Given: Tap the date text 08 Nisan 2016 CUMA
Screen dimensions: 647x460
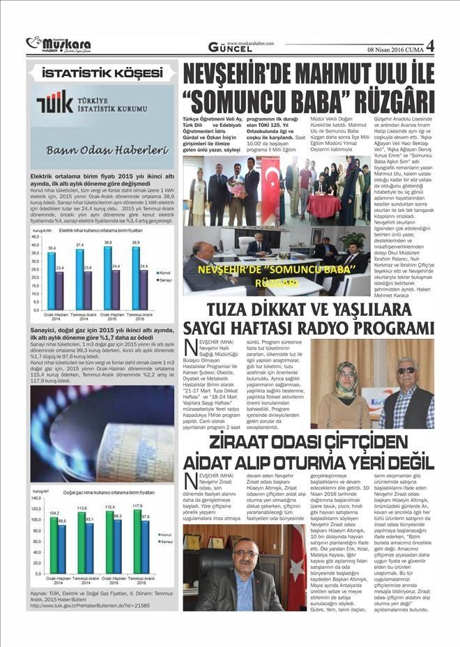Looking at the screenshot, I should pyautogui.click(x=394, y=48).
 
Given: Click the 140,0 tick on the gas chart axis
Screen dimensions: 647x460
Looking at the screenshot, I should pyautogui.click(x=36, y=500).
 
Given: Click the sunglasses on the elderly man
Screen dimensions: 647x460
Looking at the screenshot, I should pyautogui.click(x=406, y=370).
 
